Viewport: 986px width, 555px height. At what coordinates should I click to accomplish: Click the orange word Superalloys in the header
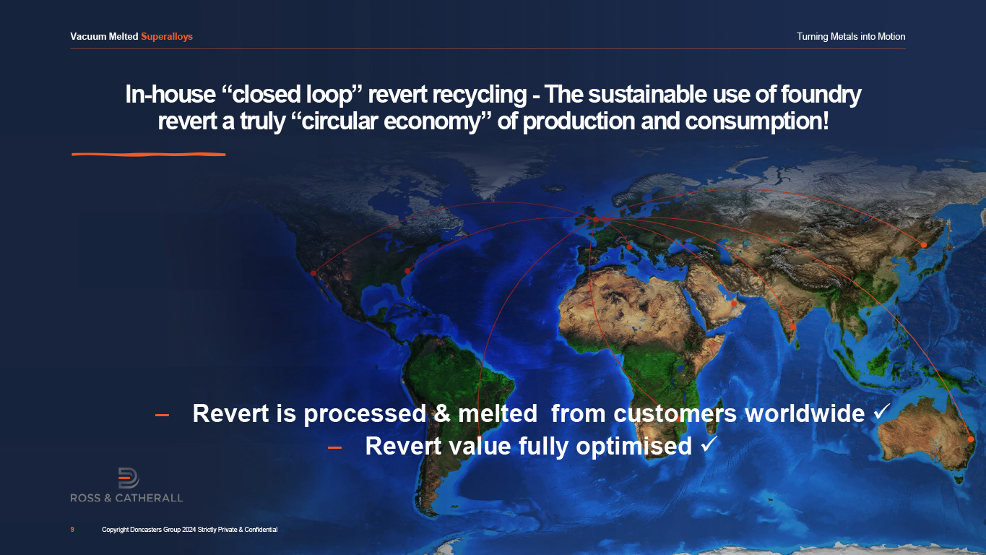coord(167,37)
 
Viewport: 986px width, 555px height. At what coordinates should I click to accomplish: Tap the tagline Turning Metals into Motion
coord(851,37)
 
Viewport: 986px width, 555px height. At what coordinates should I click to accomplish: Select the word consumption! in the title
coord(757,121)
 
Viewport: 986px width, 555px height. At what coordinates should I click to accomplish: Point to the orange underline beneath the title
coord(149,154)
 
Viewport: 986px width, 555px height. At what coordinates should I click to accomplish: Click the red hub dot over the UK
coord(595,219)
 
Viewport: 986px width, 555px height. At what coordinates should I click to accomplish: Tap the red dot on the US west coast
coord(313,273)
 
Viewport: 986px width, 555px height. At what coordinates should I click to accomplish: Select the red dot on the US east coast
coord(407,270)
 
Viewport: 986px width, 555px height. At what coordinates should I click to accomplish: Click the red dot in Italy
coord(629,247)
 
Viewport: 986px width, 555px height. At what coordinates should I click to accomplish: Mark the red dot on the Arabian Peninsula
coord(734,304)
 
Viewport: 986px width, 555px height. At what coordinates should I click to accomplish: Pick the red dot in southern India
coord(792,327)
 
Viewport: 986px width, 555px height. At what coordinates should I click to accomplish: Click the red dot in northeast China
coord(923,245)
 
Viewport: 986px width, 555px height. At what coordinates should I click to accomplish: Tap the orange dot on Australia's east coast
coord(971,439)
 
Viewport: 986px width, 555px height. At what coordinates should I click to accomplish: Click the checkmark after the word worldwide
coord(882,411)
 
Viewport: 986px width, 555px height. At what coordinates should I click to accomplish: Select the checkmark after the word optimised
coord(709,444)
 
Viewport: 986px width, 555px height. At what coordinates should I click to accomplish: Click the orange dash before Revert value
coord(334,447)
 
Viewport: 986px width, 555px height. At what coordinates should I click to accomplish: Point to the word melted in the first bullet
coord(498,413)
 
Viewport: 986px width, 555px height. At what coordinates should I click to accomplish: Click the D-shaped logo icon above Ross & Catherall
coord(129,478)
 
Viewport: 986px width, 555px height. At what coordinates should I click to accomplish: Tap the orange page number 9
coord(72,530)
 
